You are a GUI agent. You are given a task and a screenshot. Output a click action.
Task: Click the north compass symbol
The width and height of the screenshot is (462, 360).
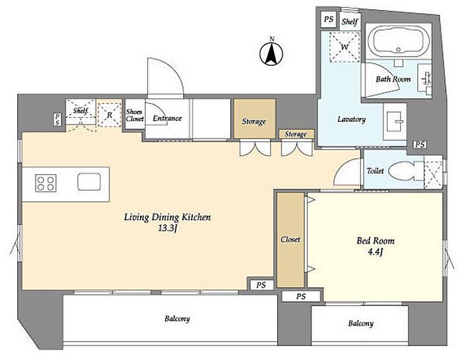coord(271,53)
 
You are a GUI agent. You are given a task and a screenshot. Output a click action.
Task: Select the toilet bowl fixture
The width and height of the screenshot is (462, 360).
coord(402,171)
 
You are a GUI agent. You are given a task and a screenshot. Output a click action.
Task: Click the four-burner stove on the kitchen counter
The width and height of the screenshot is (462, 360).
coord(46,183)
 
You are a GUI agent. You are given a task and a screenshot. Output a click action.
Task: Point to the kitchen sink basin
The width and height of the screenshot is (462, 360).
coord(89,181)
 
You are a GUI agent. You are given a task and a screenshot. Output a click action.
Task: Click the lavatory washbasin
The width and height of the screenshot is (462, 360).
coord(395,121)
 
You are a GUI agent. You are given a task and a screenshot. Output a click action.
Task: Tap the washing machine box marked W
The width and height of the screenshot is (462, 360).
coord(345,47)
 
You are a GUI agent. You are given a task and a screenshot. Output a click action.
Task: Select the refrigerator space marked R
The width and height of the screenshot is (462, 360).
coord(110,115)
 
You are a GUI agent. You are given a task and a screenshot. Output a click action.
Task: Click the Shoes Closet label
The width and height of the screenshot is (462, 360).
coord(135,115)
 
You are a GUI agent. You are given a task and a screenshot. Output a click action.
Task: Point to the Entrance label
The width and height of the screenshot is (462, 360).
coord(167,118)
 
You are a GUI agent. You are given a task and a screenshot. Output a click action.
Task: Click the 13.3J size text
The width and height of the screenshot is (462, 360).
coord(167,228)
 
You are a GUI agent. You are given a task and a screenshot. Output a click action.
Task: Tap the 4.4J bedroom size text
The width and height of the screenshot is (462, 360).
coord(376,253)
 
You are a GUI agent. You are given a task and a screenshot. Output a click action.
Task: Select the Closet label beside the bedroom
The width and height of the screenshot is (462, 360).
coord(290,239)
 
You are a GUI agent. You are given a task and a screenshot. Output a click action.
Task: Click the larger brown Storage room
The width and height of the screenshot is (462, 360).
coord(255,119)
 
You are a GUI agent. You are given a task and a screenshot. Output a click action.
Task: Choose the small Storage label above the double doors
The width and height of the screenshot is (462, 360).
coord(296,135)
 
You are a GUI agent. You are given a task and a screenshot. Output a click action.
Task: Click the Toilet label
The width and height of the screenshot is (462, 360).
coord(375,171)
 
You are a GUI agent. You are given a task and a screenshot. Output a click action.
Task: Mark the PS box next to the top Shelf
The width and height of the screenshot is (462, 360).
coord(328,19)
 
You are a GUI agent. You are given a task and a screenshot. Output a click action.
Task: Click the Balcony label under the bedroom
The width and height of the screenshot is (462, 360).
coord(360,324)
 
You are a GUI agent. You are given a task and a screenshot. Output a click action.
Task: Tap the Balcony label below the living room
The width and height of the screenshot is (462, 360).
coord(177,318)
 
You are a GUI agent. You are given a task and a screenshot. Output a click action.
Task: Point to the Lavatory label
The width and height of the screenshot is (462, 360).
coord(352,119)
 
